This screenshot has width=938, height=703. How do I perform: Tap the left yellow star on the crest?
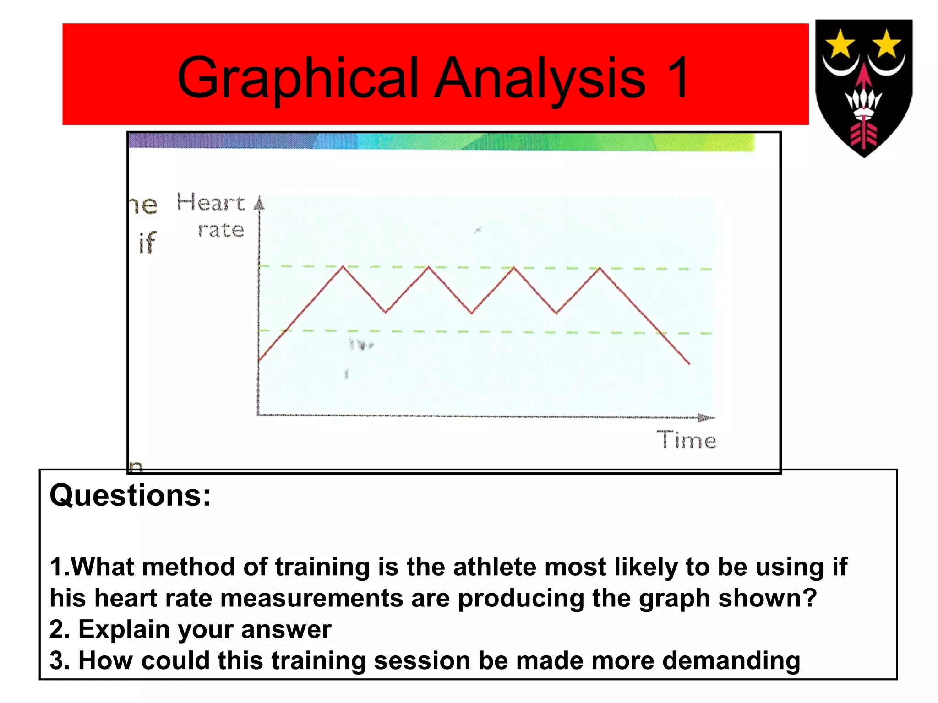(840, 44)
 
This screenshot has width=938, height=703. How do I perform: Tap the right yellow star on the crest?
(887, 44)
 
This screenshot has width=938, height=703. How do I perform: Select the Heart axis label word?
(210, 203)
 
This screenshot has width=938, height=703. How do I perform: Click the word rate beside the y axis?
(221, 230)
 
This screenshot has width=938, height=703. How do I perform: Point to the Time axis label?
(686, 440)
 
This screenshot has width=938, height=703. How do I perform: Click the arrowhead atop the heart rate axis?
(259, 203)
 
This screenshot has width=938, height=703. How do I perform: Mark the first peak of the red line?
(343, 266)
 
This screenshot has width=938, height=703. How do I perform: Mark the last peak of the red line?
(600, 268)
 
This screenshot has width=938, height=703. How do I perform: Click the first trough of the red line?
(386, 312)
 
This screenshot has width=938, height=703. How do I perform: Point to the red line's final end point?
(689, 364)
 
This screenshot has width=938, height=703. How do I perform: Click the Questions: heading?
(130, 495)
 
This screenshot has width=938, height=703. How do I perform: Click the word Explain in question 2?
(124, 629)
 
